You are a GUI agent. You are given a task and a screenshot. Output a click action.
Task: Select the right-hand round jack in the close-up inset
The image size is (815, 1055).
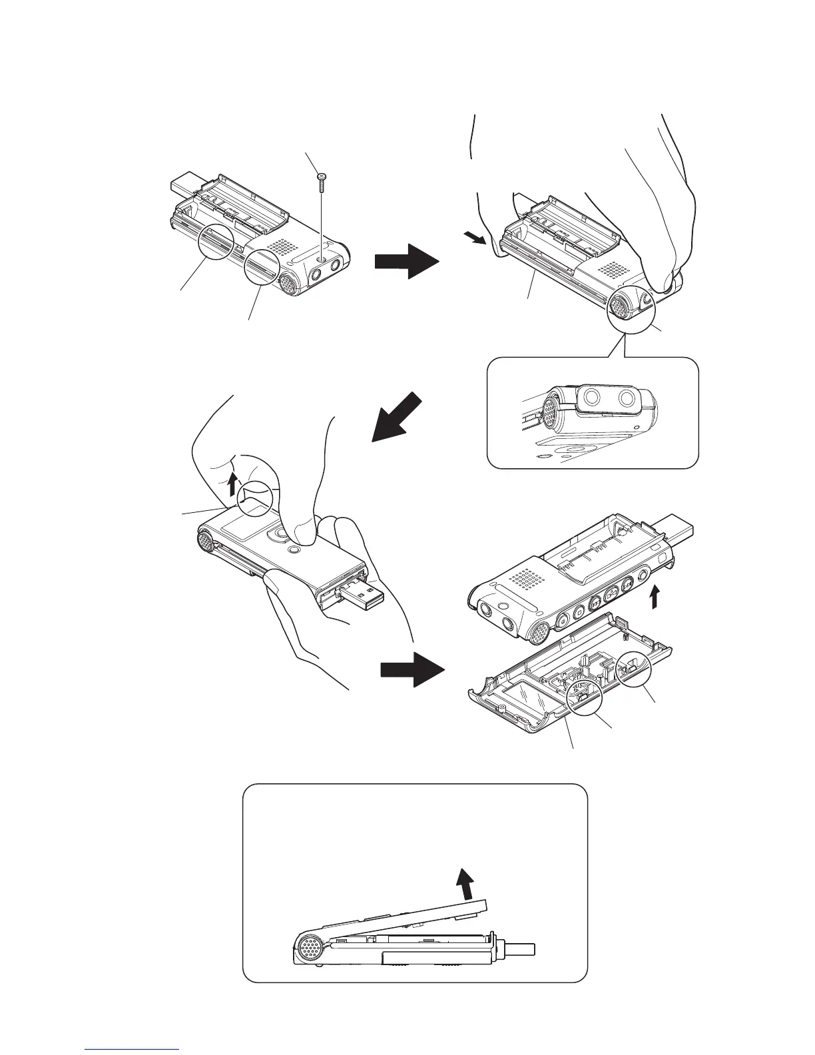[626, 400]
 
